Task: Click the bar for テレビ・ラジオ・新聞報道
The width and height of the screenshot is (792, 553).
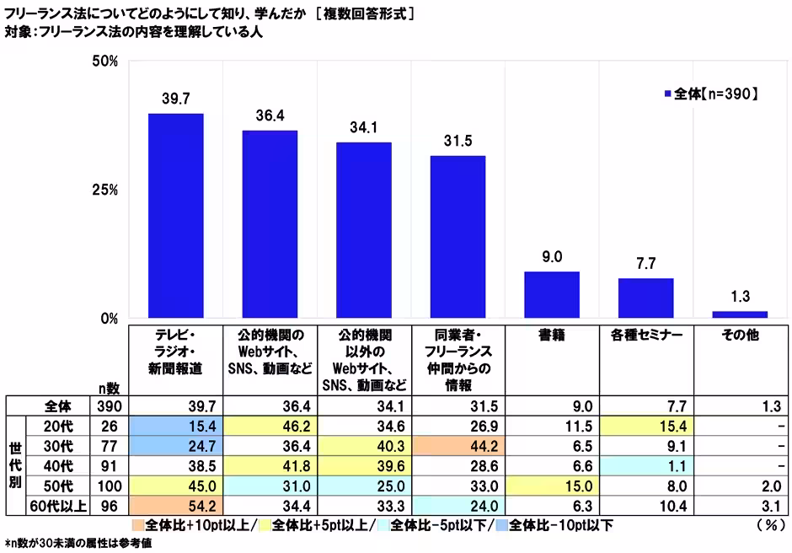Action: coord(175,216)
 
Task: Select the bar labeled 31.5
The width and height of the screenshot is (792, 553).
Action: coord(458,237)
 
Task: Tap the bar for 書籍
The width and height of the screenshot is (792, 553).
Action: coord(552,295)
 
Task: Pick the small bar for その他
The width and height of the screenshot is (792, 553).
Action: coord(740,314)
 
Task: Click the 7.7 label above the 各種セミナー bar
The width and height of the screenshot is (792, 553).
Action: coord(645,263)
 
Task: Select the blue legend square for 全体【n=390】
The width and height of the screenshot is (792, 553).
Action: coord(668,94)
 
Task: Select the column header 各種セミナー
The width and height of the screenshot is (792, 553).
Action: coord(645,335)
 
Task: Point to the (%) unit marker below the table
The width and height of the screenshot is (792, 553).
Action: coord(768,525)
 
